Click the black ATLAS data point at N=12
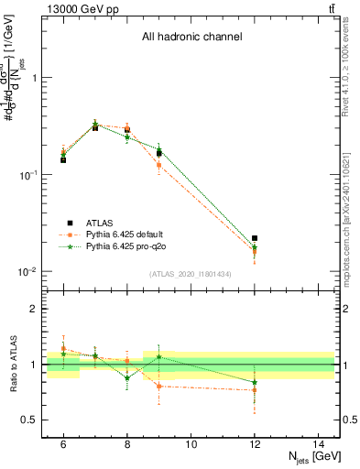pyautogui.click(x=255, y=238)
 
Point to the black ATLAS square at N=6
pyautogui.click(x=63, y=159)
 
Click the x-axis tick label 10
pyautogui.click(x=191, y=443)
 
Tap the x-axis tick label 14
pyautogui.click(x=318, y=443)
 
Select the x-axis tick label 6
pyautogui.click(x=63, y=443)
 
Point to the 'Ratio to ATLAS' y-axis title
pyautogui.click(x=14, y=365)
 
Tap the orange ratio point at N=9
pyautogui.click(x=158, y=386)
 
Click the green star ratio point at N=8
pyautogui.click(x=127, y=377)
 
